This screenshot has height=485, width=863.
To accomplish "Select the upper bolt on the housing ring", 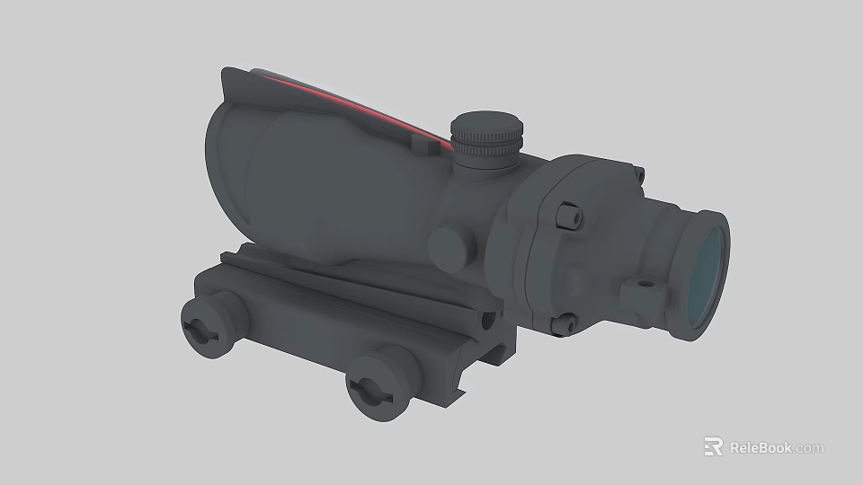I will coord(568,216).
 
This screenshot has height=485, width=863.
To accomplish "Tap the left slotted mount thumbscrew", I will coord(200,328).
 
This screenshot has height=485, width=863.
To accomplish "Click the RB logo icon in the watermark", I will coord(713,446).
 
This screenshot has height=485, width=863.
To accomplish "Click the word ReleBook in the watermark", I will coord(760,447).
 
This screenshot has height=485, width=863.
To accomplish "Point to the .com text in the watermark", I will coord(808,448).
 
